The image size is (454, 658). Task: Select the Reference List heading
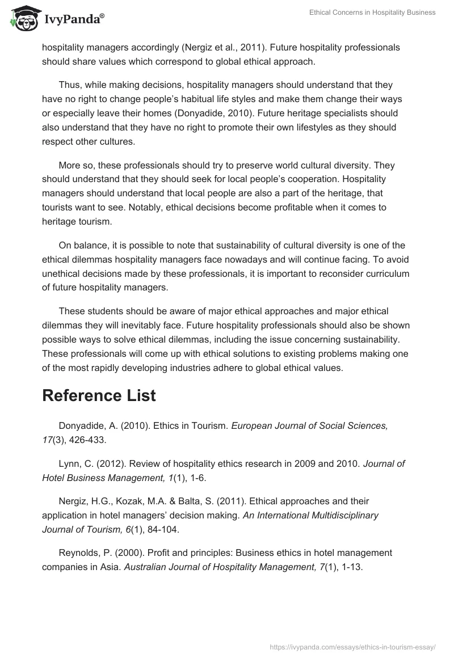99,396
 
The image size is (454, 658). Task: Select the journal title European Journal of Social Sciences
309,426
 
